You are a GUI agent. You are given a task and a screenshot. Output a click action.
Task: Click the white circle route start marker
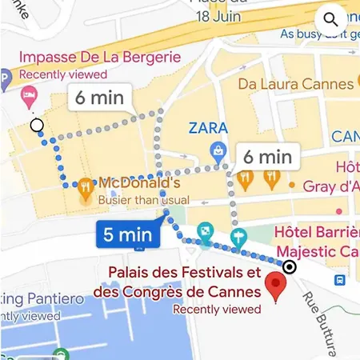pos(36,125)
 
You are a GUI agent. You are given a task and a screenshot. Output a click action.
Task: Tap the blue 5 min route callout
pos(128,234)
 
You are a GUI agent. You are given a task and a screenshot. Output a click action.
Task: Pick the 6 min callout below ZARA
pos(267,157)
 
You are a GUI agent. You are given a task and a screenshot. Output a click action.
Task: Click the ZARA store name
pos(208,127)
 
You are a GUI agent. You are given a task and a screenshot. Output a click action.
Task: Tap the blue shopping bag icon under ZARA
pos(216,150)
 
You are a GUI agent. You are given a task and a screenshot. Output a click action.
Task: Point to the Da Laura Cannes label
pos(295,84)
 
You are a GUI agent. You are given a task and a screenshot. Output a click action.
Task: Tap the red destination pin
pos(278,286)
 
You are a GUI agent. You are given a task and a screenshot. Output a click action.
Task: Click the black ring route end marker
pos(290,267)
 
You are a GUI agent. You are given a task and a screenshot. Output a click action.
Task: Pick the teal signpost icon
pos(238,237)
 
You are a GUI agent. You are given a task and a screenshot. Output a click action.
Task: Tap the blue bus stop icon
pos(340,281)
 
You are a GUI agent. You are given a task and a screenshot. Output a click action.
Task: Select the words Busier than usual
pos(144,200)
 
